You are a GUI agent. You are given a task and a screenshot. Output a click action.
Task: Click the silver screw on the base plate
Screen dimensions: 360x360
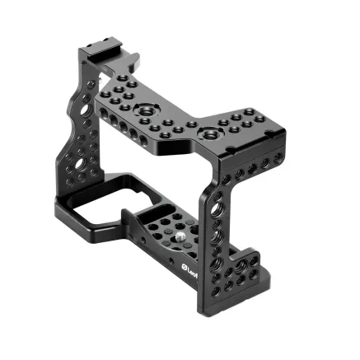tap(180, 240)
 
